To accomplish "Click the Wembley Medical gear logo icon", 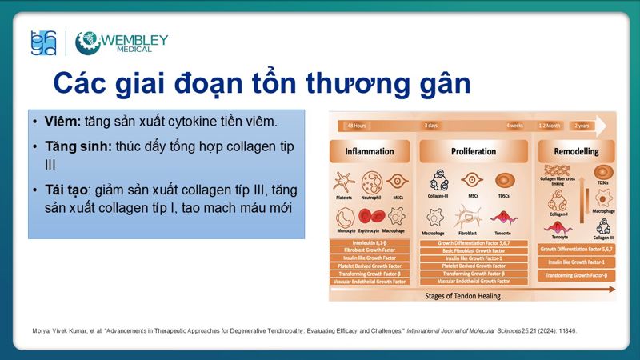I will coord(87,42).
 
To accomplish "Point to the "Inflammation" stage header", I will coord(369,151).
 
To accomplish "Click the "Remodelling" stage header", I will coord(575,151).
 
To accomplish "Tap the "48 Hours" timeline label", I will coord(356,126).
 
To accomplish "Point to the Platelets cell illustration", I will coord(346,181).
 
